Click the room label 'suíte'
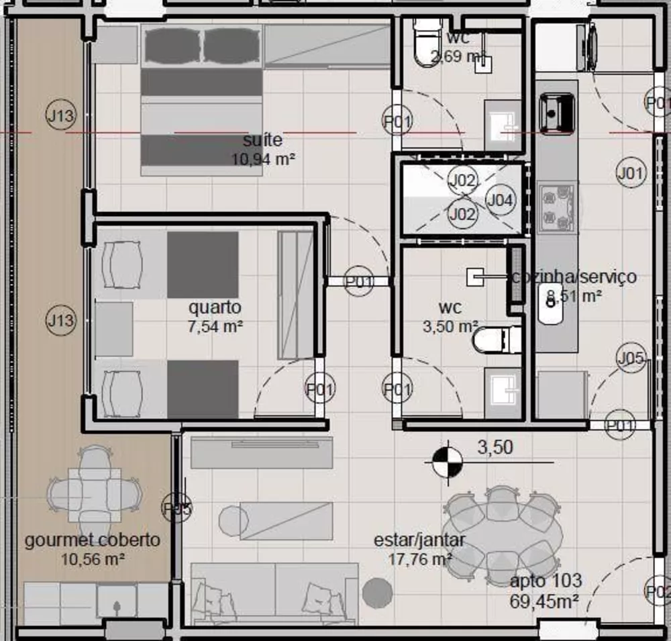(262, 141)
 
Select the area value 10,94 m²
(264, 160)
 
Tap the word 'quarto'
(215, 308)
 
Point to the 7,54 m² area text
(215, 327)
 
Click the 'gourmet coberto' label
(93, 540)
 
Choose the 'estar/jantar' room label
(420, 540)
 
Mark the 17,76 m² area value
(420, 558)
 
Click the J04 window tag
(501, 199)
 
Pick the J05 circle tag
(631, 358)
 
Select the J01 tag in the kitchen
(631, 174)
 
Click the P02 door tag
(658, 592)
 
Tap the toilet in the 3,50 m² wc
(496, 340)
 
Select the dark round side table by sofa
(377, 593)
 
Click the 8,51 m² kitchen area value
(574, 295)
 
